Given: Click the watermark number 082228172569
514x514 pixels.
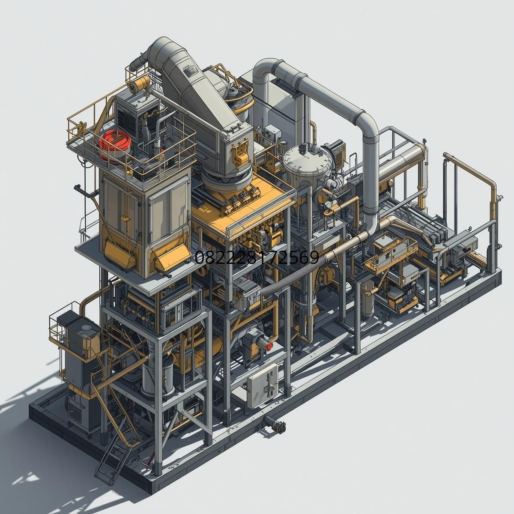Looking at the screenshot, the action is click(257, 257).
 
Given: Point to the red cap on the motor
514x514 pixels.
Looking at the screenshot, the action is click(269, 346).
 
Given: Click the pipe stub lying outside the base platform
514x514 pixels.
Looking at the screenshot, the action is click(275, 424).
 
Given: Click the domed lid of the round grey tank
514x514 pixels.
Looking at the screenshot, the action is click(306, 159).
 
